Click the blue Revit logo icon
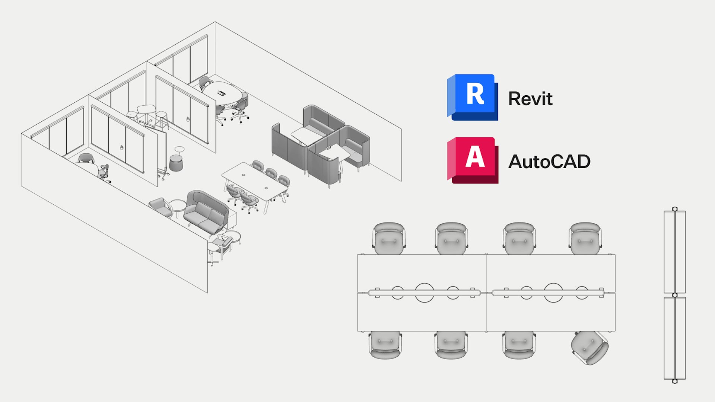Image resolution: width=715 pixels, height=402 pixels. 473,97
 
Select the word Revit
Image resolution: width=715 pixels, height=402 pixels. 530,99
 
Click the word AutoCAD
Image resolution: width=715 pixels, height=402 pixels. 549,162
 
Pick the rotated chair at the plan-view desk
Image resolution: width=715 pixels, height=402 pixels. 590,348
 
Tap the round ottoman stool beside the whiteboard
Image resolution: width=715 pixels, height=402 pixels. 176,163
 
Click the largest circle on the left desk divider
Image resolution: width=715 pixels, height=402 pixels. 424,293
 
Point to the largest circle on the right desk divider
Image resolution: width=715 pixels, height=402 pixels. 553,293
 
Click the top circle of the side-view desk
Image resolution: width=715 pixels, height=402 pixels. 675,209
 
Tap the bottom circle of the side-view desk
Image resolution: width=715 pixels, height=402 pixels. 675,381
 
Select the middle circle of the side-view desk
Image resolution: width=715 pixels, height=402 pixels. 675,295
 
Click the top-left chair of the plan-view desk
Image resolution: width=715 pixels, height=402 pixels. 389,238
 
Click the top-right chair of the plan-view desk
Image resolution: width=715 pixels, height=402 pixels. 585,238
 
